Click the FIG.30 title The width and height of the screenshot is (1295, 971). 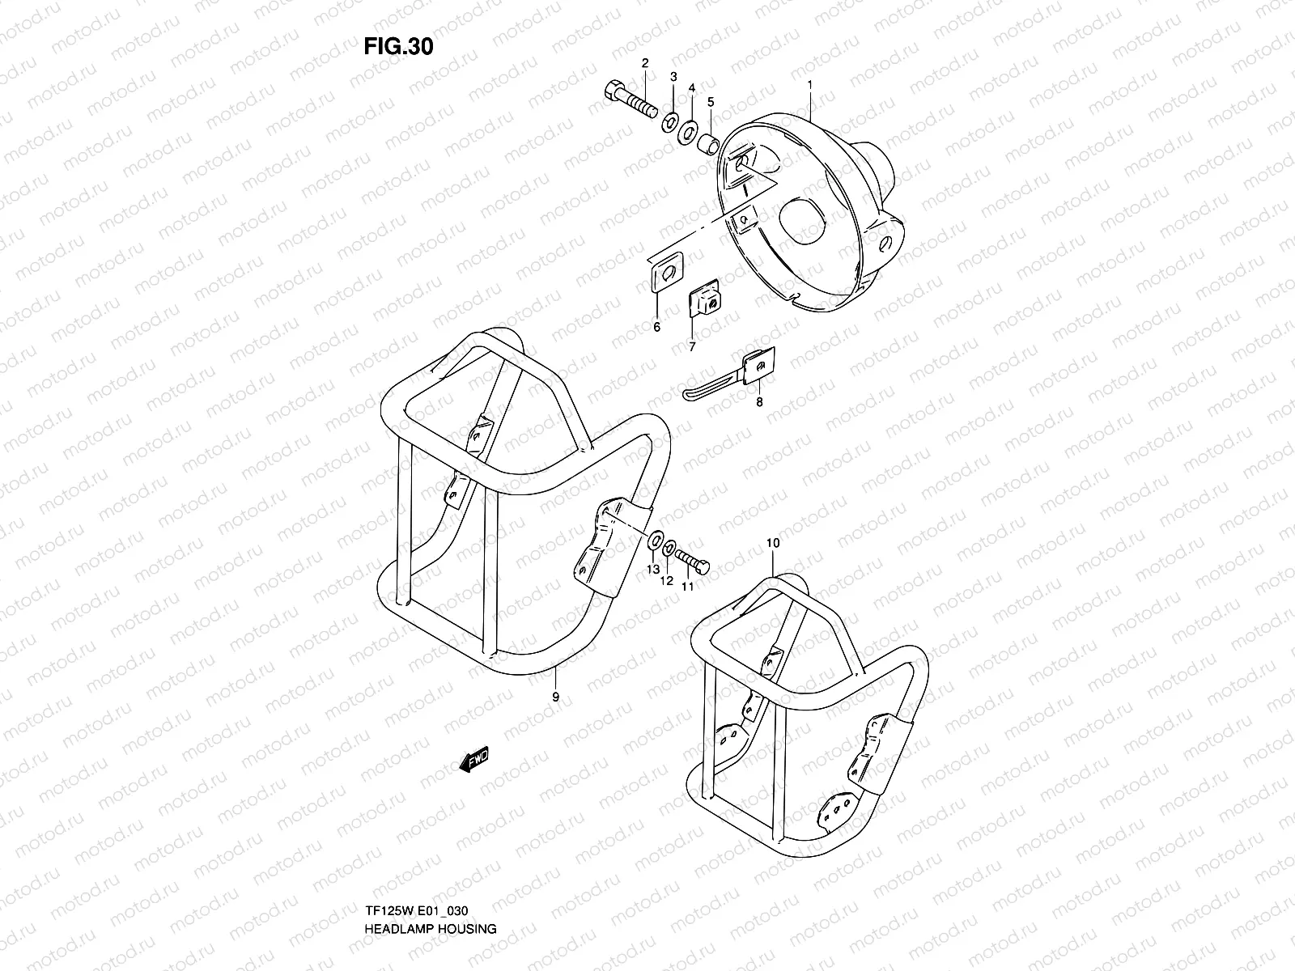[398, 47]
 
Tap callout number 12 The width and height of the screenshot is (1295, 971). [667, 580]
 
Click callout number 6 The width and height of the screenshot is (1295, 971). [656, 327]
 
